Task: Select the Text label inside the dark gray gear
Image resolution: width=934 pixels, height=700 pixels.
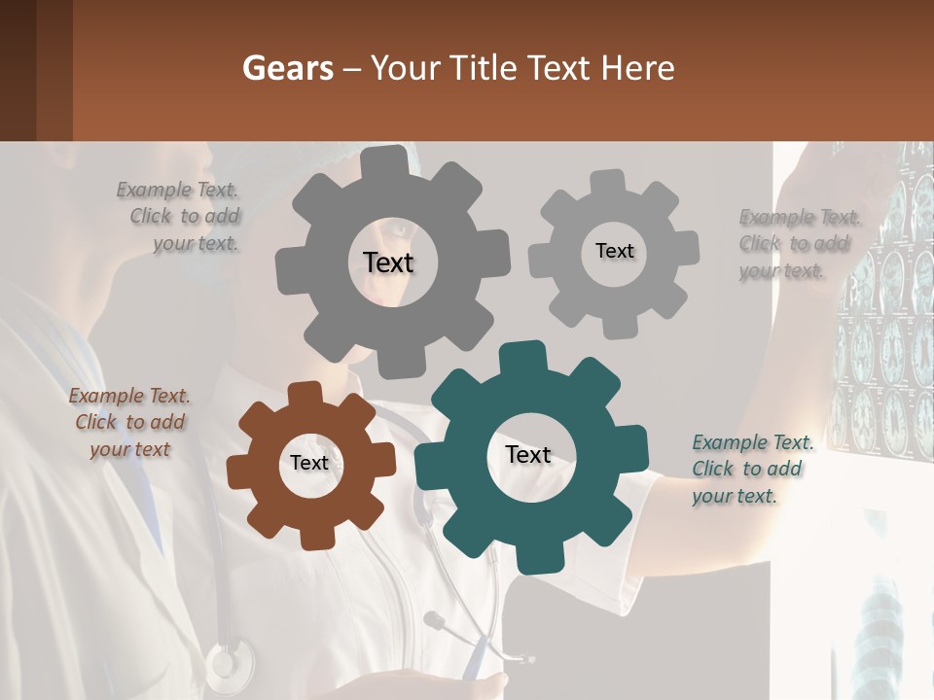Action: coord(388,262)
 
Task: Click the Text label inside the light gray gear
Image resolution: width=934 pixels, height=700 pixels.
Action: coord(614,251)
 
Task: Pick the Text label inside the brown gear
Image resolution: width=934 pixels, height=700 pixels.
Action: coord(309,463)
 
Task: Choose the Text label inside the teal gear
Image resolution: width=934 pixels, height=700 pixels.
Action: coord(528,454)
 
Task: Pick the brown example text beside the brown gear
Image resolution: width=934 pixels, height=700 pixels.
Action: coord(129,422)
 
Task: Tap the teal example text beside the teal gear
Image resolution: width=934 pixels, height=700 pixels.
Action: coord(752,469)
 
